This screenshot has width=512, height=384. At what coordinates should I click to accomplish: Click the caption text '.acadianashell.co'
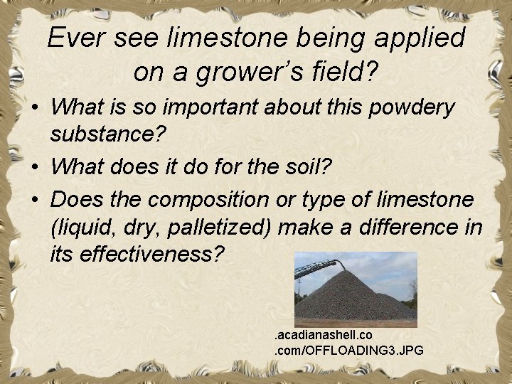coord(324,334)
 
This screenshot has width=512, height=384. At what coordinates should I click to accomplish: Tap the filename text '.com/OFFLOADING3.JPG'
coord(349,349)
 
